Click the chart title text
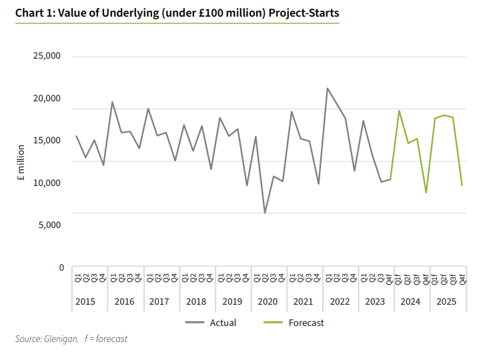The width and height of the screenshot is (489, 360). [177, 13]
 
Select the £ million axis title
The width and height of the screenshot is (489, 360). [21, 163]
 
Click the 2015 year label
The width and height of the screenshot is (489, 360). [85, 301]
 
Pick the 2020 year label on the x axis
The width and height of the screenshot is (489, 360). [268, 301]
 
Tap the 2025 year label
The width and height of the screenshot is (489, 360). [446, 301]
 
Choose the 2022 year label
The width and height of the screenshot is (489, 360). [340, 301]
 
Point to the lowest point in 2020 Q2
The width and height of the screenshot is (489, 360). [265, 213]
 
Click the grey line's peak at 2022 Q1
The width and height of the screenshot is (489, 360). [328, 88]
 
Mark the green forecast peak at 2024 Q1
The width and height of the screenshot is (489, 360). [399, 111]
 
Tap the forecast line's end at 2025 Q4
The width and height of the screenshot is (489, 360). [462, 185]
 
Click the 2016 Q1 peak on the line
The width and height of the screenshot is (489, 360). [112, 102]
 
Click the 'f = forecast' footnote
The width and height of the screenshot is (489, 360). [106, 339]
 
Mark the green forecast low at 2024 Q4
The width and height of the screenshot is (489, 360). [426, 193]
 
